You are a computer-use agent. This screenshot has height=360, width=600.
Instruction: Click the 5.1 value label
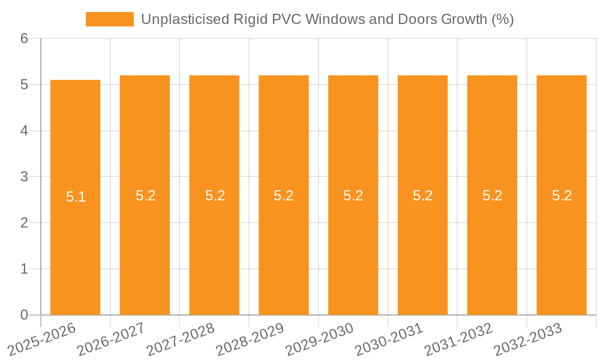click(76, 197)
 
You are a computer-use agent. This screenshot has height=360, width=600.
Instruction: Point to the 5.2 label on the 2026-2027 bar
click(145, 196)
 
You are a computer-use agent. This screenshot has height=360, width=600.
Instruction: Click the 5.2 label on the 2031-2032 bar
click(492, 196)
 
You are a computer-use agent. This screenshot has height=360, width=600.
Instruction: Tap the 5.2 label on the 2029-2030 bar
click(353, 196)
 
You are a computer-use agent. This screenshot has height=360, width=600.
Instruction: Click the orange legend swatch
click(110, 19)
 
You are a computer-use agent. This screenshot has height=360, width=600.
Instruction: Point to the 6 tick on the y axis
click(24, 38)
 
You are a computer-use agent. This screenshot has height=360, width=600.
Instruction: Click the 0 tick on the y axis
click(24, 315)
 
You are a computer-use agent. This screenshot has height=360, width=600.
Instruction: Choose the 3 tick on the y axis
click(24, 177)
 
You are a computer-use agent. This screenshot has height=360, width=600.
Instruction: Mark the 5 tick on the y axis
click(24, 85)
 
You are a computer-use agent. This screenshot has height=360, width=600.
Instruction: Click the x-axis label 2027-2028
click(181, 339)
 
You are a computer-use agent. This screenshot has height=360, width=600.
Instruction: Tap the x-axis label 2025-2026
click(42, 339)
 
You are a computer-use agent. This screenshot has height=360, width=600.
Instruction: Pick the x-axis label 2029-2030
click(320, 339)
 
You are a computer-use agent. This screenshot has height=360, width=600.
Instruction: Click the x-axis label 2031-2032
click(458, 339)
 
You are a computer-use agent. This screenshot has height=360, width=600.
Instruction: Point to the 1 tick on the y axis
click(24, 269)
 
